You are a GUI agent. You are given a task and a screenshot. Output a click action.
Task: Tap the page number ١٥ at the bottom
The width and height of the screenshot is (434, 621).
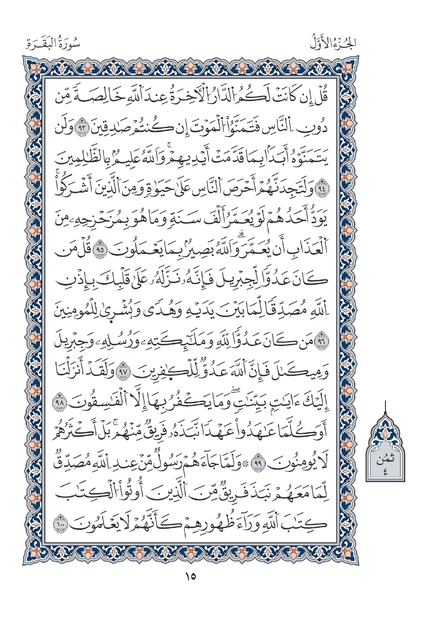pos(190,576)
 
